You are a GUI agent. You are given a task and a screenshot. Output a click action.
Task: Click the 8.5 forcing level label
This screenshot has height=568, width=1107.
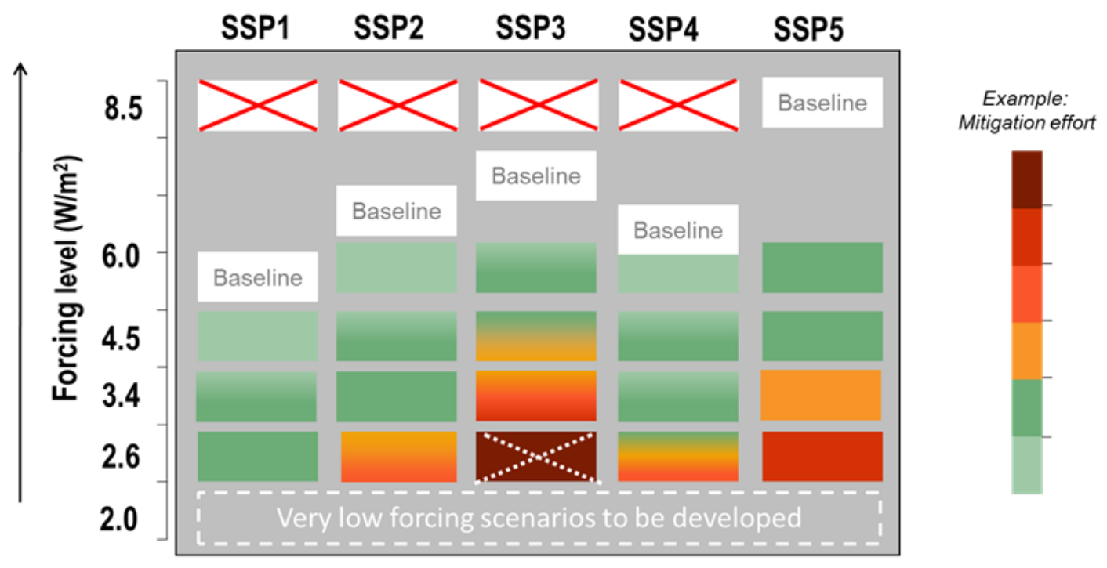(123, 109)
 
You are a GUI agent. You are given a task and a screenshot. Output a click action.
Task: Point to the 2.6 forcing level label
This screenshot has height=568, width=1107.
(123, 456)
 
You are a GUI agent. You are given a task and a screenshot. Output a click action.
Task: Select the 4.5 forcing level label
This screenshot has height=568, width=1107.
(123, 339)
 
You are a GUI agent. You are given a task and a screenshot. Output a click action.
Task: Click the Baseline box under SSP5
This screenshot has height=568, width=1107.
(822, 103)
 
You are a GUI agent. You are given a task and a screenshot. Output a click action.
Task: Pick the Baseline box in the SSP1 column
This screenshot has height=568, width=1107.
(257, 277)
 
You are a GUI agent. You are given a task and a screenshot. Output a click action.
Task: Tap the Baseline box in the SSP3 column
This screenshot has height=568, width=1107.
(536, 175)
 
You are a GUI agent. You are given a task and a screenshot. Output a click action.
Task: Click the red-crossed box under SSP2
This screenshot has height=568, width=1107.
(397, 105)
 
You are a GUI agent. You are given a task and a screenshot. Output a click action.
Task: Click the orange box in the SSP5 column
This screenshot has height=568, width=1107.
(822, 396)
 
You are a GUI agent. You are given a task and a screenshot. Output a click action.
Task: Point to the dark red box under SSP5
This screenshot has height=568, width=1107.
(822, 456)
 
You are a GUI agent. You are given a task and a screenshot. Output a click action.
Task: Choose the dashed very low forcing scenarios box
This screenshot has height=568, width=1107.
(539, 518)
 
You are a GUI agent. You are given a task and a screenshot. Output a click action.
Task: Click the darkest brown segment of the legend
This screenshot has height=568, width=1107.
(1027, 179)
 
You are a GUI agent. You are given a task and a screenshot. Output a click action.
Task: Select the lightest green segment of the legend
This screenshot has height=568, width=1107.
(1027, 465)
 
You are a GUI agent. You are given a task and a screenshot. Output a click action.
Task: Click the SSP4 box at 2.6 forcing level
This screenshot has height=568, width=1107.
(678, 456)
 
